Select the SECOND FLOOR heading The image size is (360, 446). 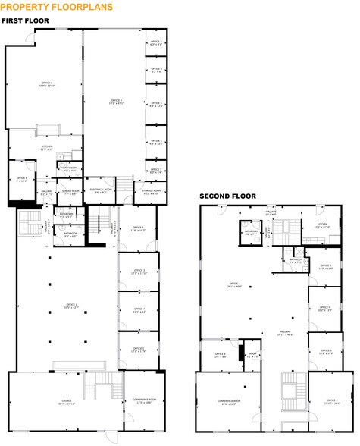coord(227,196)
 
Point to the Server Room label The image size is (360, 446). coord(72,192)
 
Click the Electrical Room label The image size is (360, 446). coord(102,191)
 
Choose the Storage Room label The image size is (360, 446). coord(150,192)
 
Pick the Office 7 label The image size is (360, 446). coord(156,171)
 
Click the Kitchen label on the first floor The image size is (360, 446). coord(46,148)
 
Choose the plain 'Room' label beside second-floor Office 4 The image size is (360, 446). coord(253,354)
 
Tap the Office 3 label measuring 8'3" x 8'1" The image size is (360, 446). coord(156,42)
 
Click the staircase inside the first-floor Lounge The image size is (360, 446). coord(96,386)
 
